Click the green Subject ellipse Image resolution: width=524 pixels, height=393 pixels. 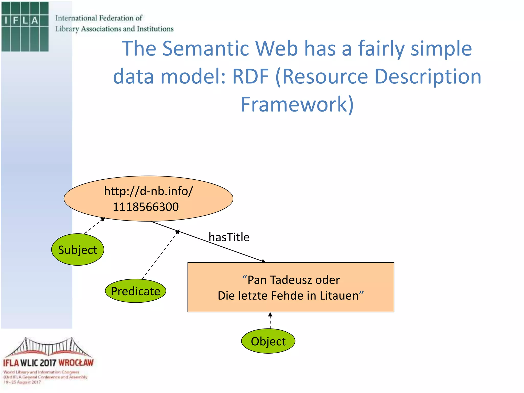click(78, 250)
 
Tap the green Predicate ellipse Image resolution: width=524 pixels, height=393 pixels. click(135, 291)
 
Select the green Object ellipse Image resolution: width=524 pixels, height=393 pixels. click(268, 341)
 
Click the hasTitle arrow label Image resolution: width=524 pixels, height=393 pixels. click(229, 237)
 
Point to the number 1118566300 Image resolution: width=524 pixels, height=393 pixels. click(146, 207)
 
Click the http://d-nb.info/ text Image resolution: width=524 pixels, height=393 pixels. click(148, 191)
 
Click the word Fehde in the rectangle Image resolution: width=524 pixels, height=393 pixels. click(287, 296)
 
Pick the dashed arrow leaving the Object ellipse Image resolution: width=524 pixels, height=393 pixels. click(270, 321)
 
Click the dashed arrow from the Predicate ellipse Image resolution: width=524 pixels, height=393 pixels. click(160, 255)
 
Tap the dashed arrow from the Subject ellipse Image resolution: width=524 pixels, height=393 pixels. click(94, 226)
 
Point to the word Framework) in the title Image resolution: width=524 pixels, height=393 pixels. click(297, 104)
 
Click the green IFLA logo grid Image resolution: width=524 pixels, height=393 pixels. click(25, 27)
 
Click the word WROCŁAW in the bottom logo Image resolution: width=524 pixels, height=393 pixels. click(76, 363)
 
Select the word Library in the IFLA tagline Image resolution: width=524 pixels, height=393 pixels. click(67, 29)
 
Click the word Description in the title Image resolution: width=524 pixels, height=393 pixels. click(428, 77)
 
